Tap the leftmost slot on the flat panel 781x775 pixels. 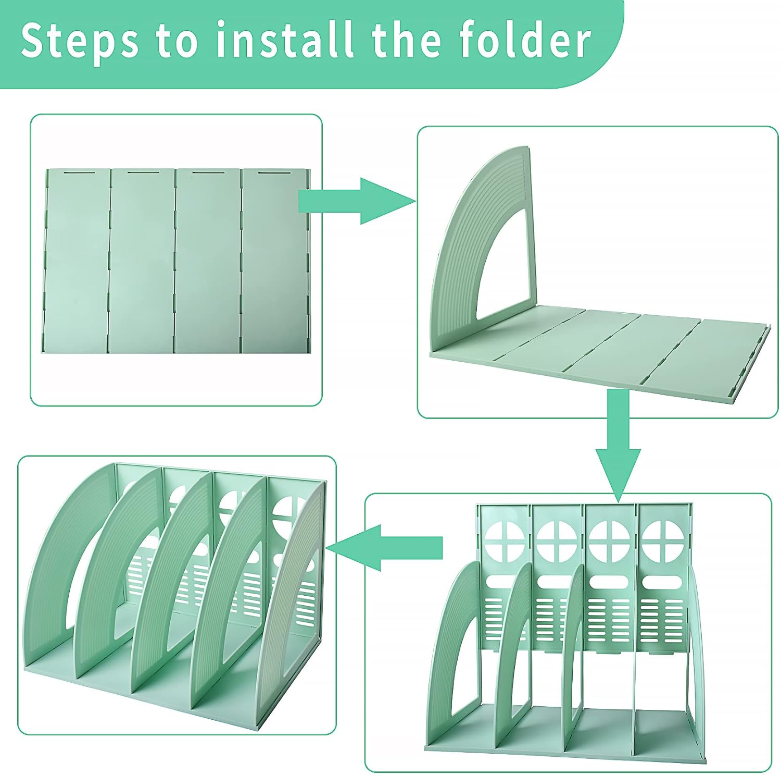point(79,171)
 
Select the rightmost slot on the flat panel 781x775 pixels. point(275,171)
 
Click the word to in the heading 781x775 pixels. point(177,41)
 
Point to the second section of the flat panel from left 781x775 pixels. point(142,261)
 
